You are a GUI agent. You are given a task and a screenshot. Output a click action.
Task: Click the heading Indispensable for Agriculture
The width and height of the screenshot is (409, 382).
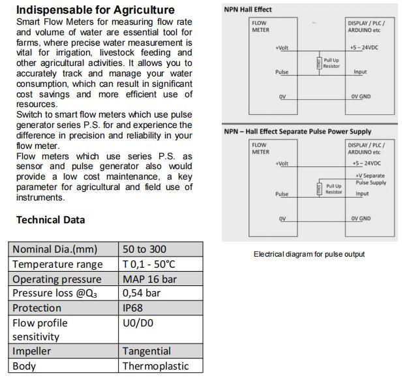(x=95, y=10)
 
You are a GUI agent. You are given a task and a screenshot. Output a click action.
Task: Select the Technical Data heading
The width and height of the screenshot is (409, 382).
(x=50, y=219)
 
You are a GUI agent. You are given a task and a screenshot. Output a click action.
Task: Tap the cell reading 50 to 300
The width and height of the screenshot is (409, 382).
(x=144, y=249)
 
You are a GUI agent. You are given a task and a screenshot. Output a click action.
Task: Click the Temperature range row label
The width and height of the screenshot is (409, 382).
(x=57, y=264)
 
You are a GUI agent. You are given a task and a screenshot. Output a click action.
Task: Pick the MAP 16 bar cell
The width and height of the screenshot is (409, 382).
(x=149, y=279)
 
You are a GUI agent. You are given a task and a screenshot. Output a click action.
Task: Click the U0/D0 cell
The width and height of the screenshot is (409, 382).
(x=138, y=323)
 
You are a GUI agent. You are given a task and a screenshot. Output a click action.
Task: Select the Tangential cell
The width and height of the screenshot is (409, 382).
(x=147, y=351)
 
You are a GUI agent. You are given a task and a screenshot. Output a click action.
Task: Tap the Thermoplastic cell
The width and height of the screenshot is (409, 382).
(x=155, y=366)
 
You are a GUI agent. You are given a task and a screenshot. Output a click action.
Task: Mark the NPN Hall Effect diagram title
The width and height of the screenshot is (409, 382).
(x=248, y=10)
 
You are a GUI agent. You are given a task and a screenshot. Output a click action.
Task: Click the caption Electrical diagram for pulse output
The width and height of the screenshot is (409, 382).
(x=309, y=254)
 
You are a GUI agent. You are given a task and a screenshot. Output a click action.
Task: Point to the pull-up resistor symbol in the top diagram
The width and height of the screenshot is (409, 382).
(x=319, y=63)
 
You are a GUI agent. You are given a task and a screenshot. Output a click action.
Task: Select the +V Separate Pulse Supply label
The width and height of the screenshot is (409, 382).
(x=370, y=179)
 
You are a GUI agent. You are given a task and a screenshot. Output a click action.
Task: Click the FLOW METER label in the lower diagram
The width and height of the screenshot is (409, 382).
(x=260, y=148)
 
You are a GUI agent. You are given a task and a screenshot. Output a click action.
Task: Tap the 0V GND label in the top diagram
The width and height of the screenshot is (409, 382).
(x=361, y=97)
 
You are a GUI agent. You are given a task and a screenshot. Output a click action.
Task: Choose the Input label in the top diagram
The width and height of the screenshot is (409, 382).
(x=360, y=72)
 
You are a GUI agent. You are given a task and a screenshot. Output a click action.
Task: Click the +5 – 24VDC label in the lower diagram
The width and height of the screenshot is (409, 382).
(x=366, y=163)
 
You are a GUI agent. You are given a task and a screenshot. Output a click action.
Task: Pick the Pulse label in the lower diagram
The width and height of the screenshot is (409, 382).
(x=282, y=194)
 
